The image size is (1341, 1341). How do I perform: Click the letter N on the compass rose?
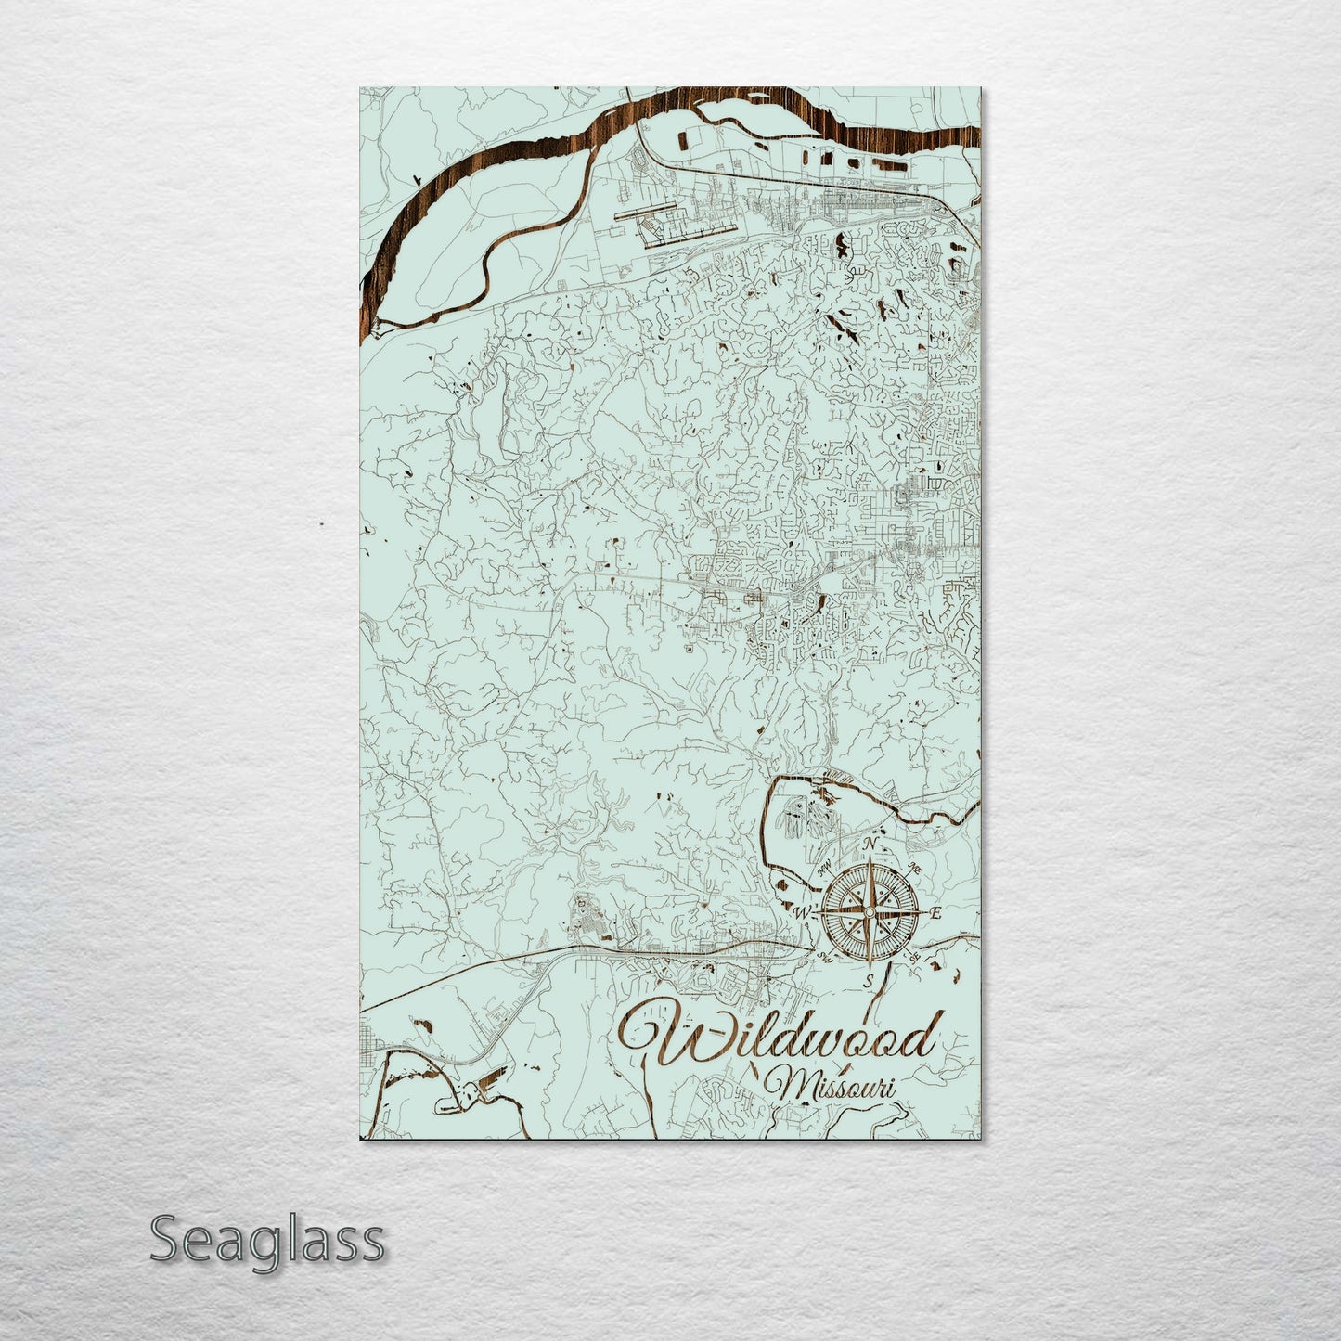(870, 844)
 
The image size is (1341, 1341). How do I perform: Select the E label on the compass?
(935, 914)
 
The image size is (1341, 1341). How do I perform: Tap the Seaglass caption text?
(267, 1239)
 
